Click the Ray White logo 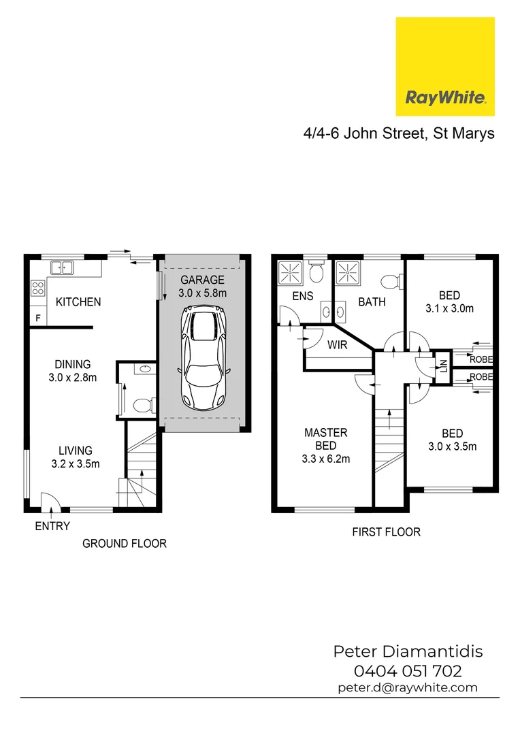pyautogui.click(x=445, y=67)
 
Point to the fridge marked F pyautogui.click(x=38, y=318)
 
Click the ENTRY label pyautogui.click(x=52, y=526)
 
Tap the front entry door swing pyautogui.click(x=50, y=502)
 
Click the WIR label pyautogui.click(x=338, y=345)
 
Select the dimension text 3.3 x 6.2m pyautogui.click(x=326, y=459)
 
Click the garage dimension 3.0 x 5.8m pyautogui.click(x=202, y=293)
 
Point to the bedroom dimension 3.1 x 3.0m pyautogui.click(x=449, y=308)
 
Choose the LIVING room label pyautogui.click(x=75, y=451)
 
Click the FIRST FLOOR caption pyautogui.click(x=386, y=532)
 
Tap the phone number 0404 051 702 pyautogui.click(x=408, y=671)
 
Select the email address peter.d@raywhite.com pyautogui.click(x=408, y=687)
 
